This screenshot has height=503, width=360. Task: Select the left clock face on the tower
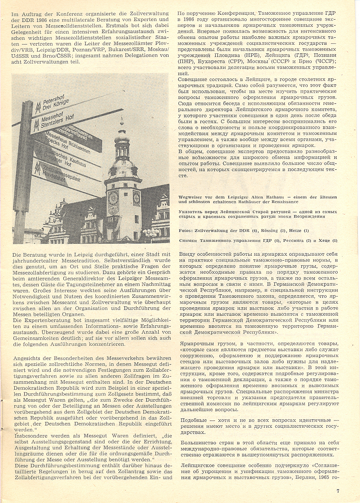click(x=114, y=197)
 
